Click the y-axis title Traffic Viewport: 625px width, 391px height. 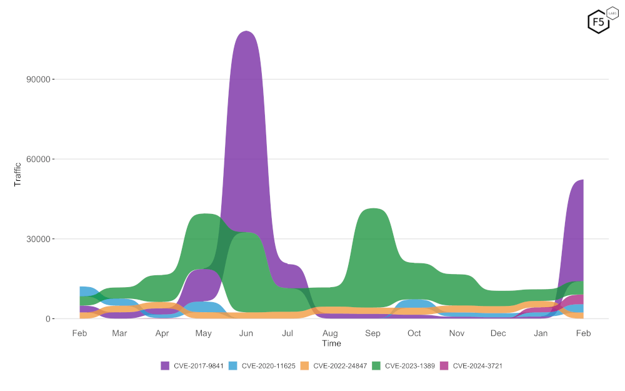point(17,175)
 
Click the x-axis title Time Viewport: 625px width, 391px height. point(331,343)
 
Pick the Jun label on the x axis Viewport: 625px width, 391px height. point(246,333)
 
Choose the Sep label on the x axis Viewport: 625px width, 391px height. point(372,333)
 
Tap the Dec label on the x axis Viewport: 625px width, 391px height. point(498,333)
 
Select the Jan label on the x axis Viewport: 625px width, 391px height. point(541,333)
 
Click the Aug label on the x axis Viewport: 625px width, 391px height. point(330,333)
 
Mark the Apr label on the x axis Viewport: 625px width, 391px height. point(162,333)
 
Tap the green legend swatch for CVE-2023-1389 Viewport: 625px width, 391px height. point(376,366)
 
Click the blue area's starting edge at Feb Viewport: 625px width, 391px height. point(81,291)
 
